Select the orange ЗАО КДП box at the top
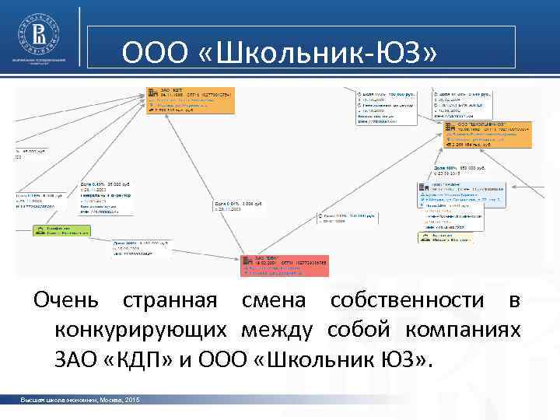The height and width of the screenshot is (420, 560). point(190,102)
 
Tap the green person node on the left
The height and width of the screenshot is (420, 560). point(61,229)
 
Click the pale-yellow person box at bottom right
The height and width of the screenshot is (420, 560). point(445,237)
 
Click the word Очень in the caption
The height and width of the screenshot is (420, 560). point(66,301)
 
